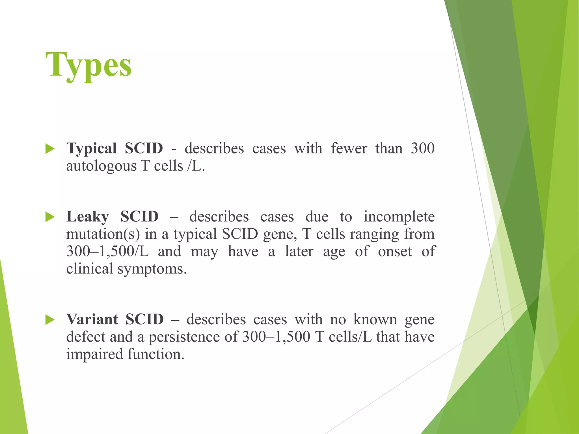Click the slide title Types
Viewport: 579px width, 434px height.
pyautogui.click(x=88, y=66)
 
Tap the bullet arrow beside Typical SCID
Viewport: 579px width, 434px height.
pyautogui.click(x=50, y=149)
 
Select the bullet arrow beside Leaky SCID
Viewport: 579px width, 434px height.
pyautogui.click(x=50, y=217)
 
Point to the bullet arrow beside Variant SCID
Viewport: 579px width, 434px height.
pyautogui.click(x=50, y=320)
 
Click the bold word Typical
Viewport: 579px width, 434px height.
pyautogui.click(x=91, y=149)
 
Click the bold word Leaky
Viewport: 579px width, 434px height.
pyautogui.click(x=87, y=217)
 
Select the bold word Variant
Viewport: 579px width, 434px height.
pyautogui.click(x=92, y=320)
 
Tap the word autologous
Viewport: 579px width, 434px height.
pyautogui.click(x=101, y=166)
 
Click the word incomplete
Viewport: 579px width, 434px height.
pyautogui.click(x=399, y=217)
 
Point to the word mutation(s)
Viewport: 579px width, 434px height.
pyautogui.click(x=103, y=235)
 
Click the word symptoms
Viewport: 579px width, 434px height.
pyautogui.click(x=152, y=269)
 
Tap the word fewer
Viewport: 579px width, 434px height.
pyautogui.click(x=349, y=149)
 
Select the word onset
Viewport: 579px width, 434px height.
pyautogui.click(x=395, y=251)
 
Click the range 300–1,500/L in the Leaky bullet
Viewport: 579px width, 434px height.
pyautogui.click(x=107, y=251)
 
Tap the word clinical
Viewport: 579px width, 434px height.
pyautogui.click(x=90, y=269)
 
